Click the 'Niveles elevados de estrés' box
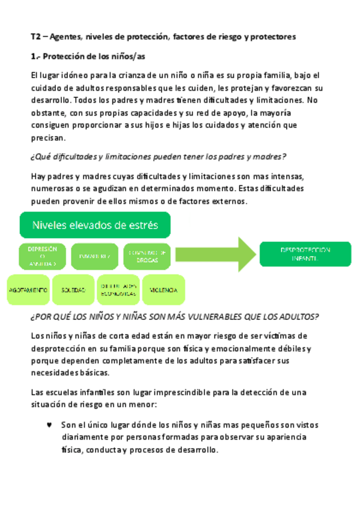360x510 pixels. (96, 226)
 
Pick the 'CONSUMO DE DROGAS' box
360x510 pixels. (148, 256)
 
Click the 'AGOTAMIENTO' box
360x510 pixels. (28, 289)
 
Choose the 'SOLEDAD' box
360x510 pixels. (73, 289)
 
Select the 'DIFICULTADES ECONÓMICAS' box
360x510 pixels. (119, 289)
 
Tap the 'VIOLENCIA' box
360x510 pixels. (163, 289)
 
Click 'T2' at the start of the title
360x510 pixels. (36, 37)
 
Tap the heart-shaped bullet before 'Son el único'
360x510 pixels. (50, 424)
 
